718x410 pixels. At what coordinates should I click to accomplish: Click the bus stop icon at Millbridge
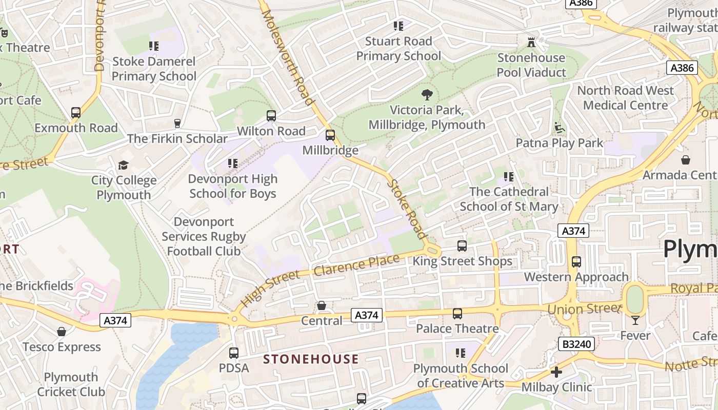330,135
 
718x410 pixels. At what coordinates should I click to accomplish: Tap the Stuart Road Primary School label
398,49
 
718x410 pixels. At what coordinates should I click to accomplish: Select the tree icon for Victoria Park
426,95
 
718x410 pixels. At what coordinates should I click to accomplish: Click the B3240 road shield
577,344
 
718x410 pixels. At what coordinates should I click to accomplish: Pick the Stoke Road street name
407,209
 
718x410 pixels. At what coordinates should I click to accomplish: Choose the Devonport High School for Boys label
233,186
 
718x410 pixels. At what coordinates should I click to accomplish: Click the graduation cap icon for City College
123,165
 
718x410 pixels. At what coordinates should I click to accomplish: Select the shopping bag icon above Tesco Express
62,332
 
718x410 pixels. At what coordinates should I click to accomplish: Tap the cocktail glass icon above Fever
635,320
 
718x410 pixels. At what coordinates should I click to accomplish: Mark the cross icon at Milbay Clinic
556,372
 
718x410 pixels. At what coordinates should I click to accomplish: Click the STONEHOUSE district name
311,359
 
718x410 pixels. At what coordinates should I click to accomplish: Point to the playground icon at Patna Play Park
560,128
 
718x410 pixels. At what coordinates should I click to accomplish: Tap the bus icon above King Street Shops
462,246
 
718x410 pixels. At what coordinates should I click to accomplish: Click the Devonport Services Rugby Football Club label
204,237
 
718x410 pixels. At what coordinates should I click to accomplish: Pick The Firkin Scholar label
177,139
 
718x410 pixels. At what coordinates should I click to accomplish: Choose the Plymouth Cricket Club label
71,384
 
